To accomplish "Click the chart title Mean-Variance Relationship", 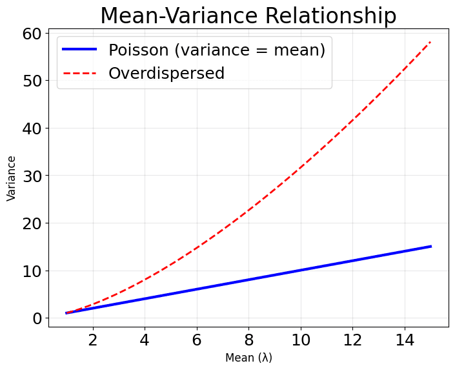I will pyautogui.click(x=248, y=15).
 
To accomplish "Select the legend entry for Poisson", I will pyautogui.click(x=216, y=50).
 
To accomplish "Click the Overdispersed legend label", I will pyautogui.click(x=166, y=74).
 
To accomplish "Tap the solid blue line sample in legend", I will pyautogui.click(x=80, y=50).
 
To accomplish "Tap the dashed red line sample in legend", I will pyautogui.click(x=80, y=74).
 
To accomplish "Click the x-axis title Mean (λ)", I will pyautogui.click(x=248, y=358).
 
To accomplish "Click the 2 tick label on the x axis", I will pyautogui.click(x=92, y=340).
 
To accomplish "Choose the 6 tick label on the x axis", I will pyautogui.click(x=197, y=340).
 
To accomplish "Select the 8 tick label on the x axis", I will pyautogui.click(x=248, y=340).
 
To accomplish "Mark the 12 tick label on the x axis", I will pyautogui.click(x=352, y=340).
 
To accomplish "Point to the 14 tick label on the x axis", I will pyautogui.click(x=405, y=340).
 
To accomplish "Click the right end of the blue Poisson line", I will pyautogui.click(x=430, y=247).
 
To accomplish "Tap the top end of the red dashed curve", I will pyautogui.click(x=430, y=42).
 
